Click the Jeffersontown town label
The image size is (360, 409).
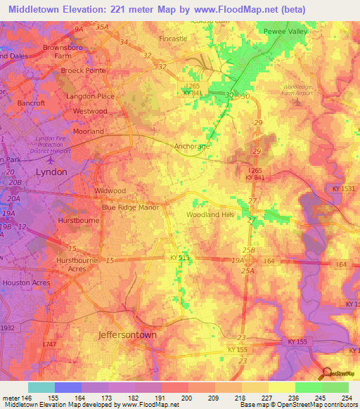127,335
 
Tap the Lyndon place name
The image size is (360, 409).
51,171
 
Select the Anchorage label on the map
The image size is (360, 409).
191,147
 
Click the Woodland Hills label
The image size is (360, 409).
210,215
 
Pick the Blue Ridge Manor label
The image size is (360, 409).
131,208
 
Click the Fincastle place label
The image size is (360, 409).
174,39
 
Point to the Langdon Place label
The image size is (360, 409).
90,96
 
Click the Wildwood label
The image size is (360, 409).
110,190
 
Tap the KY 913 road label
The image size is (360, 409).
180,258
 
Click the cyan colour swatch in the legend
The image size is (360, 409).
41,387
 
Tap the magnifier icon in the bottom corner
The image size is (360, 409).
326,374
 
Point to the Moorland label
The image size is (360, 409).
89,131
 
